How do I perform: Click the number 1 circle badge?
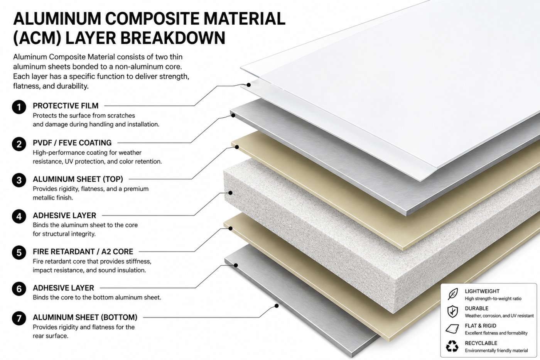(19, 107)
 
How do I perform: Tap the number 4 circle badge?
(19, 216)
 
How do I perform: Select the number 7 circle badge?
(19, 318)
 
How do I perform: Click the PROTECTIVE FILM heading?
(66, 106)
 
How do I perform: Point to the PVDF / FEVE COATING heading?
(72, 143)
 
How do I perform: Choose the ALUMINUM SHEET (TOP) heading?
(78, 179)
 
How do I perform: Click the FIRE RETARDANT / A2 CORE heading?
(83, 252)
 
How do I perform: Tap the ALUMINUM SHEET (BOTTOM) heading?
(85, 317)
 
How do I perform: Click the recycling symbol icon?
(452, 346)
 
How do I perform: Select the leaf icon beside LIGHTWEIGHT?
(452, 294)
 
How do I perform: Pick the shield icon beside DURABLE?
(452, 311)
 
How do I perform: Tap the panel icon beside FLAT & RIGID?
(452, 328)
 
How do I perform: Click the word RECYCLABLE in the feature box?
(481, 343)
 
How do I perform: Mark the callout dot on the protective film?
(248, 85)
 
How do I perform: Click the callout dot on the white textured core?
(231, 193)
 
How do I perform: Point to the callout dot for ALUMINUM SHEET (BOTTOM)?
(277, 306)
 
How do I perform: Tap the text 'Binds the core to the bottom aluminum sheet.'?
(97, 297)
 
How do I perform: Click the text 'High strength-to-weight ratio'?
(493, 299)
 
